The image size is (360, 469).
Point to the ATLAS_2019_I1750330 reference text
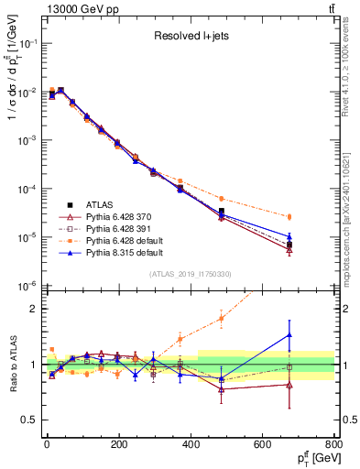tap(189, 273)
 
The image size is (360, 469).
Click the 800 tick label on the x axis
tap(332, 444)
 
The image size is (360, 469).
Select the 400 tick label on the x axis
tap(190, 444)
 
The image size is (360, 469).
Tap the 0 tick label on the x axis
tap(46, 444)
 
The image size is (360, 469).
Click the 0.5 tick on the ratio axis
tap(31, 420)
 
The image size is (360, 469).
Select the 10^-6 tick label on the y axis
tap(27, 286)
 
